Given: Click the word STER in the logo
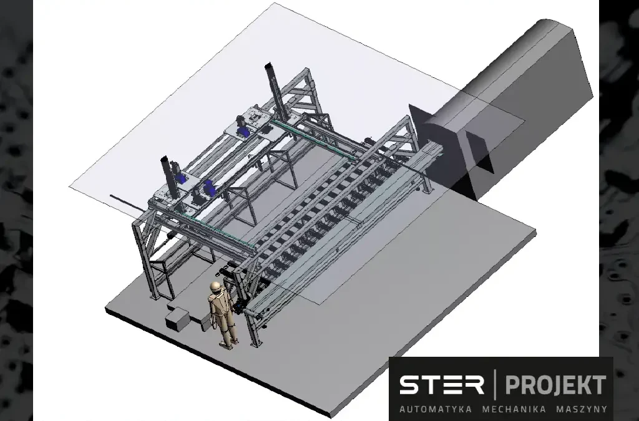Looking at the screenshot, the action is [x=441, y=385].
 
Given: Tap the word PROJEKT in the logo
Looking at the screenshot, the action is [x=555, y=385].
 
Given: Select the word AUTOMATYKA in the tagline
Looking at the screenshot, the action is [x=435, y=409].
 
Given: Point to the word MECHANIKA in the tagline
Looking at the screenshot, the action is [x=514, y=409].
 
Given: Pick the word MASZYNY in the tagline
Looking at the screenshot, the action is [x=582, y=409].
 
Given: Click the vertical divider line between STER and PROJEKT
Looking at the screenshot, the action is [x=495, y=385].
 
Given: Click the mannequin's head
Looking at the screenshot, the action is [x=215, y=288].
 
